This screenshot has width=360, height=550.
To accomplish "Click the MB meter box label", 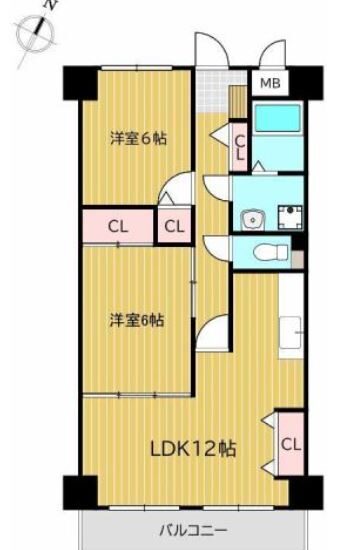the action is coord(270,83).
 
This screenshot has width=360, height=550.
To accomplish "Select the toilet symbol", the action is coord(271,252).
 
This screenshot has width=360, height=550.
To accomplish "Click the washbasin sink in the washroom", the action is coord(253,220).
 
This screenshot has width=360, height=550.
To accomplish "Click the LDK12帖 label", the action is coord(193,448).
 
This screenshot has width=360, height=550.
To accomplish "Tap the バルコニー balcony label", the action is coord(193,530).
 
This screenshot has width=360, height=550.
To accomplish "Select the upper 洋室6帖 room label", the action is coord(138,138).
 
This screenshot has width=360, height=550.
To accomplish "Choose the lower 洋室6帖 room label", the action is coord(136,320).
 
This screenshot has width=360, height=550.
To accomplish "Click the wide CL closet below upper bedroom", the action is coord(118,226).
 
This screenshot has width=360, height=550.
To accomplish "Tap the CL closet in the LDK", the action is coord(291,444).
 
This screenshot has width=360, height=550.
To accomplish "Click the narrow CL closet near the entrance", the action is coord(240,147).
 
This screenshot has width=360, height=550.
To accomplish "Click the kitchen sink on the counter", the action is coord(291,333).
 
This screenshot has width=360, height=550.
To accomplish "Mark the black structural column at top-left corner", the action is coord(80,83).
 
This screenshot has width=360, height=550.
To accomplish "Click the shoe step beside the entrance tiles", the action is coord(239,101).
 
